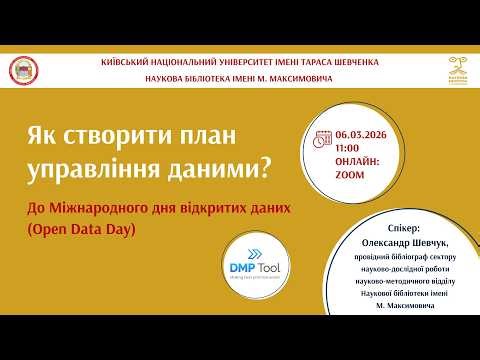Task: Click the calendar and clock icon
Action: click(322, 138)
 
